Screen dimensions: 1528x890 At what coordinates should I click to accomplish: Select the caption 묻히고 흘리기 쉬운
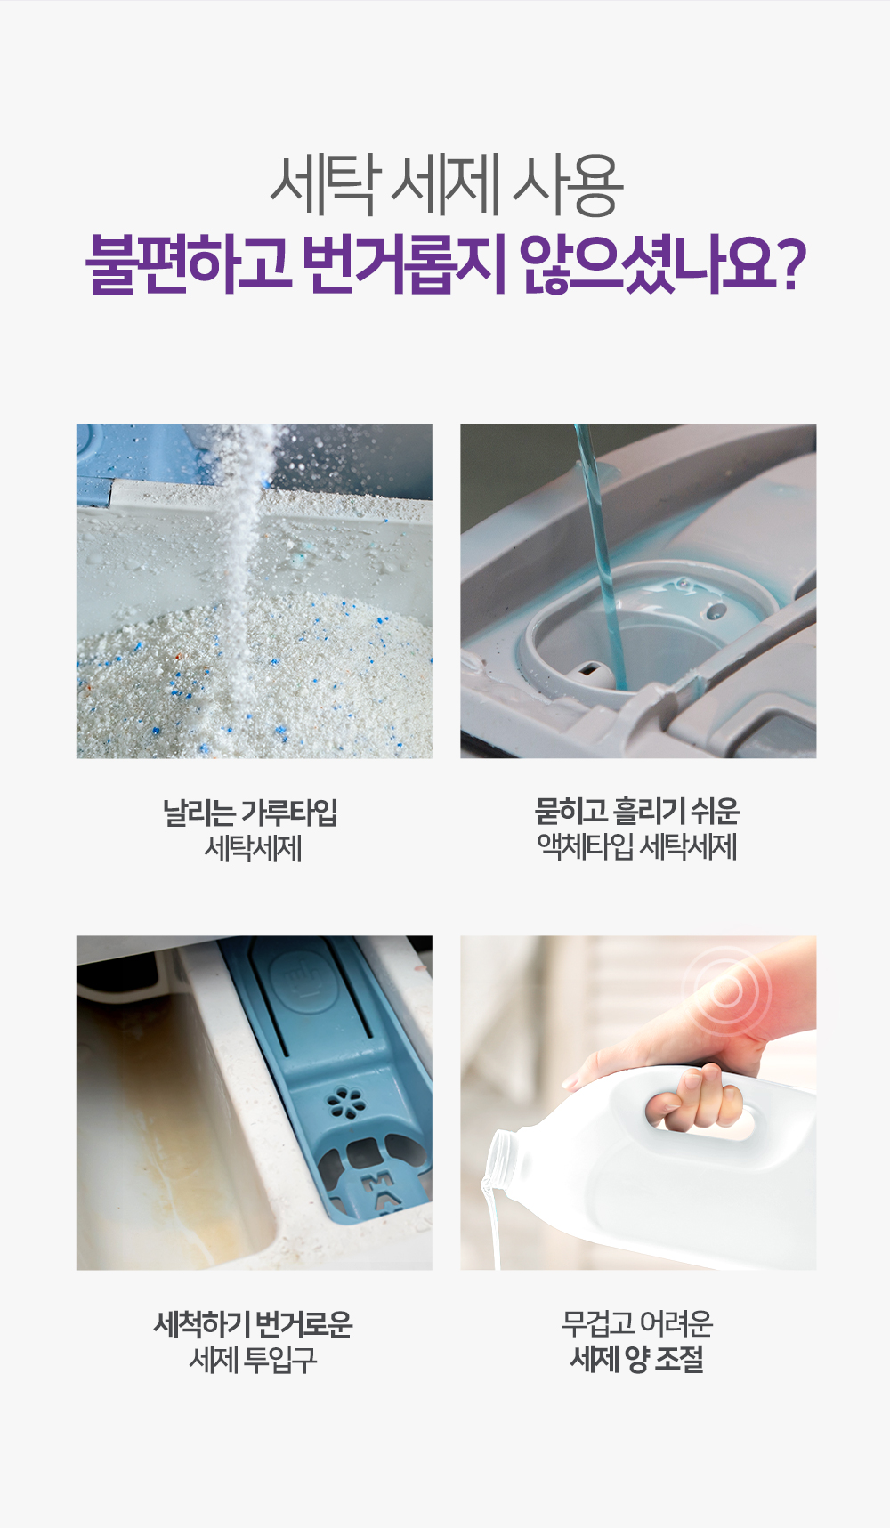coord(636,810)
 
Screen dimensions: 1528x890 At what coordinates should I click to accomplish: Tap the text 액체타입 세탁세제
coord(636,846)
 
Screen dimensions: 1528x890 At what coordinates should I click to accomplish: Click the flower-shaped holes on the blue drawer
coord(346,1104)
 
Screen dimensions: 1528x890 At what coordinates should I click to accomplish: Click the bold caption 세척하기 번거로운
coord(254,1324)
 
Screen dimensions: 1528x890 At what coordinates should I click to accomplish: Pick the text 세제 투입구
coord(254,1360)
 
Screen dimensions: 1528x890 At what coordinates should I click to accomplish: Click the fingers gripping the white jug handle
coord(699,1100)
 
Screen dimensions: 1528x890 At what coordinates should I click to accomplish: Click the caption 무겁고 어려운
coord(636,1323)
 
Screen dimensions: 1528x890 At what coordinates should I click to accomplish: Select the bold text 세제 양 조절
coord(636,1359)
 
